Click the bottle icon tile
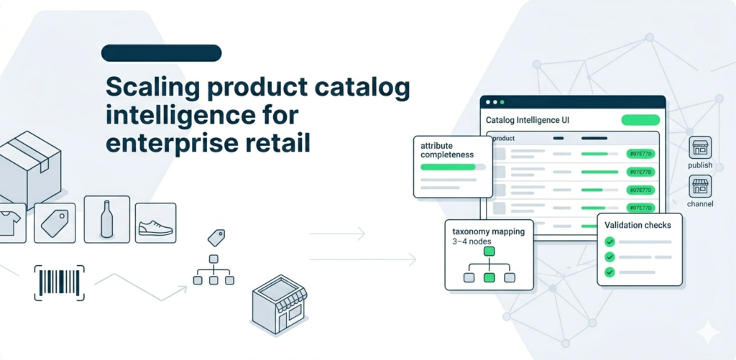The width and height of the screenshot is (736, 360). (107, 218)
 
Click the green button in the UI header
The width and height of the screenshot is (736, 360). (640, 120)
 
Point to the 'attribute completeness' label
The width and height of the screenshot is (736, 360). (447, 149)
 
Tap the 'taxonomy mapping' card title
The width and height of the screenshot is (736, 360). (489, 232)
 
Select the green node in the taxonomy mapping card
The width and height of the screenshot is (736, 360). (489, 277)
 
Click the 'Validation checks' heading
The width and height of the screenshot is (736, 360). (638, 225)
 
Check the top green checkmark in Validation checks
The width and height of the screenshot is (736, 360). (610, 241)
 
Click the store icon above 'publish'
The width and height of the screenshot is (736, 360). (699, 148)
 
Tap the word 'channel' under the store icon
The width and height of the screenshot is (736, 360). (700, 204)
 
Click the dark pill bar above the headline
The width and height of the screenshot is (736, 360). (161, 52)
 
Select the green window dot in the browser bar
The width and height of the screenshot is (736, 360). (503, 103)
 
